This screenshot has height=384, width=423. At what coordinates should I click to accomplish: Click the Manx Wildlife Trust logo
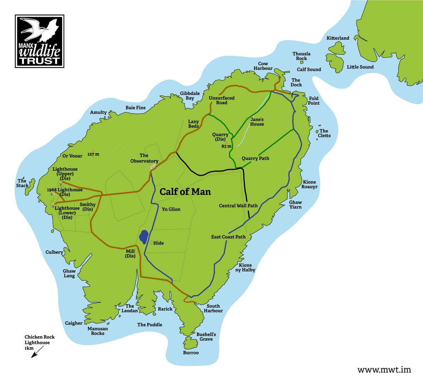point(39,41)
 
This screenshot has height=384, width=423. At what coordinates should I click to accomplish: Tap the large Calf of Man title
point(185,192)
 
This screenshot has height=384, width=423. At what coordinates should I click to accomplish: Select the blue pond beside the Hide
point(143,237)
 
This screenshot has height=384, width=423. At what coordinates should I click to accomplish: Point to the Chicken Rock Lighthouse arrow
point(37,352)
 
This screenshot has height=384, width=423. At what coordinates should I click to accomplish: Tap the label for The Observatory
point(144,158)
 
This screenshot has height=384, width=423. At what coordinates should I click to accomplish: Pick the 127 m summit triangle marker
point(93,151)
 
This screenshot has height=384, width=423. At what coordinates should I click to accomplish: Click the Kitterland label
point(338,38)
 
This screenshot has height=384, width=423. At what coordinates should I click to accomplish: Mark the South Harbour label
point(213,308)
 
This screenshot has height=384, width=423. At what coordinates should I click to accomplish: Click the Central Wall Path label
point(238,206)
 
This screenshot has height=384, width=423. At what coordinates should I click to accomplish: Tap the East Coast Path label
point(228,237)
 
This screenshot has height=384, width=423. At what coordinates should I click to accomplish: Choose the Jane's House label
point(257,122)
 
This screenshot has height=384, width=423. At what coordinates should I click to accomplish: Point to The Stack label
point(22,183)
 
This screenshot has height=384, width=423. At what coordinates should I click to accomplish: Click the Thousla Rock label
point(301,56)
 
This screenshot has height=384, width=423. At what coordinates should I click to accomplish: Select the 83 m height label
point(226,146)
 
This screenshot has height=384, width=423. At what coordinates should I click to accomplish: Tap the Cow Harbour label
point(263,66)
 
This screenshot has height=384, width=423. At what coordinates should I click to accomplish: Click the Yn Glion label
point(171,209)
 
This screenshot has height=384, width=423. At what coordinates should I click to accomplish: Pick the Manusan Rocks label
point(98,331)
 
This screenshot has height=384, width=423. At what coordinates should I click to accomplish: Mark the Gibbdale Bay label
point(190,96)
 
